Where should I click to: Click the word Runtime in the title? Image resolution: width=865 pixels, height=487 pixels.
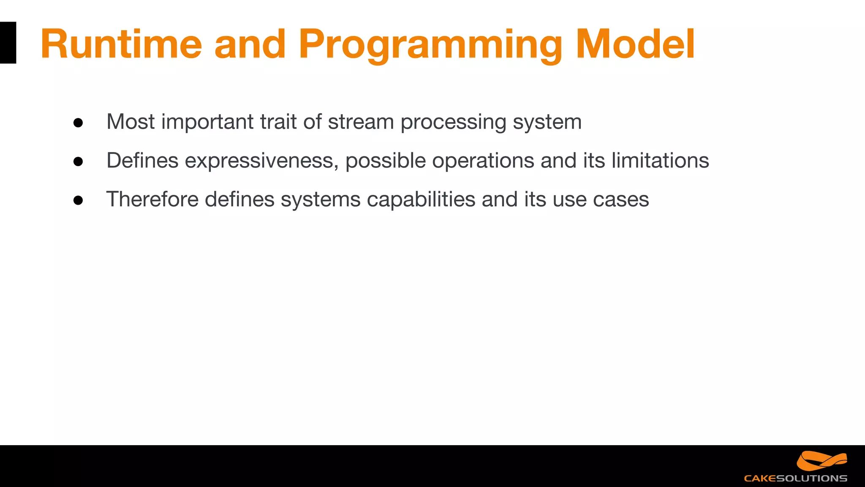[121, 44]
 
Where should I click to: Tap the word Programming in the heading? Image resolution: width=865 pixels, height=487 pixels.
[430, 44]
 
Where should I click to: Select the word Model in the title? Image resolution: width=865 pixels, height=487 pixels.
[635, 44]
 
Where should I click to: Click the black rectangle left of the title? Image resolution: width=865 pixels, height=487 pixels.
[8, 43]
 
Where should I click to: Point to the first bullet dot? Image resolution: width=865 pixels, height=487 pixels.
[78, 123]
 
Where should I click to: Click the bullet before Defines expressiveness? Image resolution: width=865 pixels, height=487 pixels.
[78, 161]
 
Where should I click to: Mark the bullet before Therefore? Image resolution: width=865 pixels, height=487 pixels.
[78, 200]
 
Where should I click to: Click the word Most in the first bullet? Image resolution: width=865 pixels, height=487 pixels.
[131, 122]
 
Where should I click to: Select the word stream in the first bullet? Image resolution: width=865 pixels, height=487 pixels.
[361, 122]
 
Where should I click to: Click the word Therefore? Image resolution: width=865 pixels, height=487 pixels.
[152, 199]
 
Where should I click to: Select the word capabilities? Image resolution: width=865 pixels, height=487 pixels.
[421, 199]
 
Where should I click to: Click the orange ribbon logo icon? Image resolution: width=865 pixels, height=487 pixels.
[821, 461]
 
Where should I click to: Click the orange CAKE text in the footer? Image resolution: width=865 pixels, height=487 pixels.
[760, 479]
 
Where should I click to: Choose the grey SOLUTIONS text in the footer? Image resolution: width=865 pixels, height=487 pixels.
[811, 479]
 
